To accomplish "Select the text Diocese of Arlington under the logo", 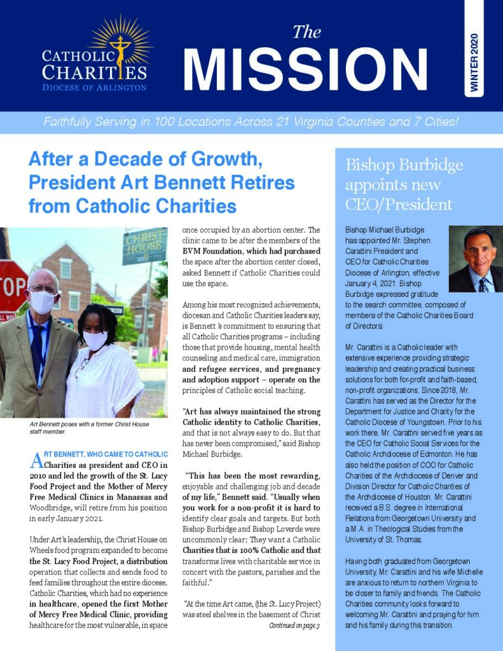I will (94, 87).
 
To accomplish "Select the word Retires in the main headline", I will (265, 183).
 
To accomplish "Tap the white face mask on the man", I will (43, 302).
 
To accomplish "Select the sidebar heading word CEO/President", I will (399, 205).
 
